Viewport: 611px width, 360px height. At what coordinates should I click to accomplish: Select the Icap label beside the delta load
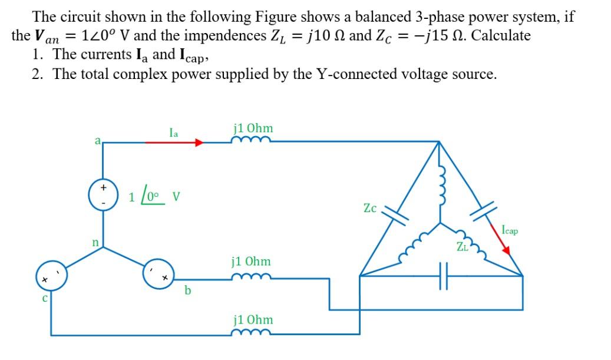510,230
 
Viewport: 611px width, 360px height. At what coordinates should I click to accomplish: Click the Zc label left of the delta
370,208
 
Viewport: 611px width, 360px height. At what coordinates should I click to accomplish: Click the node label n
93,242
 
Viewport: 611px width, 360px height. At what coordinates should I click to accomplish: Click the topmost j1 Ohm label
253,128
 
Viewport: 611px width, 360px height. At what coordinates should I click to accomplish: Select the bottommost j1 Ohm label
253,319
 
